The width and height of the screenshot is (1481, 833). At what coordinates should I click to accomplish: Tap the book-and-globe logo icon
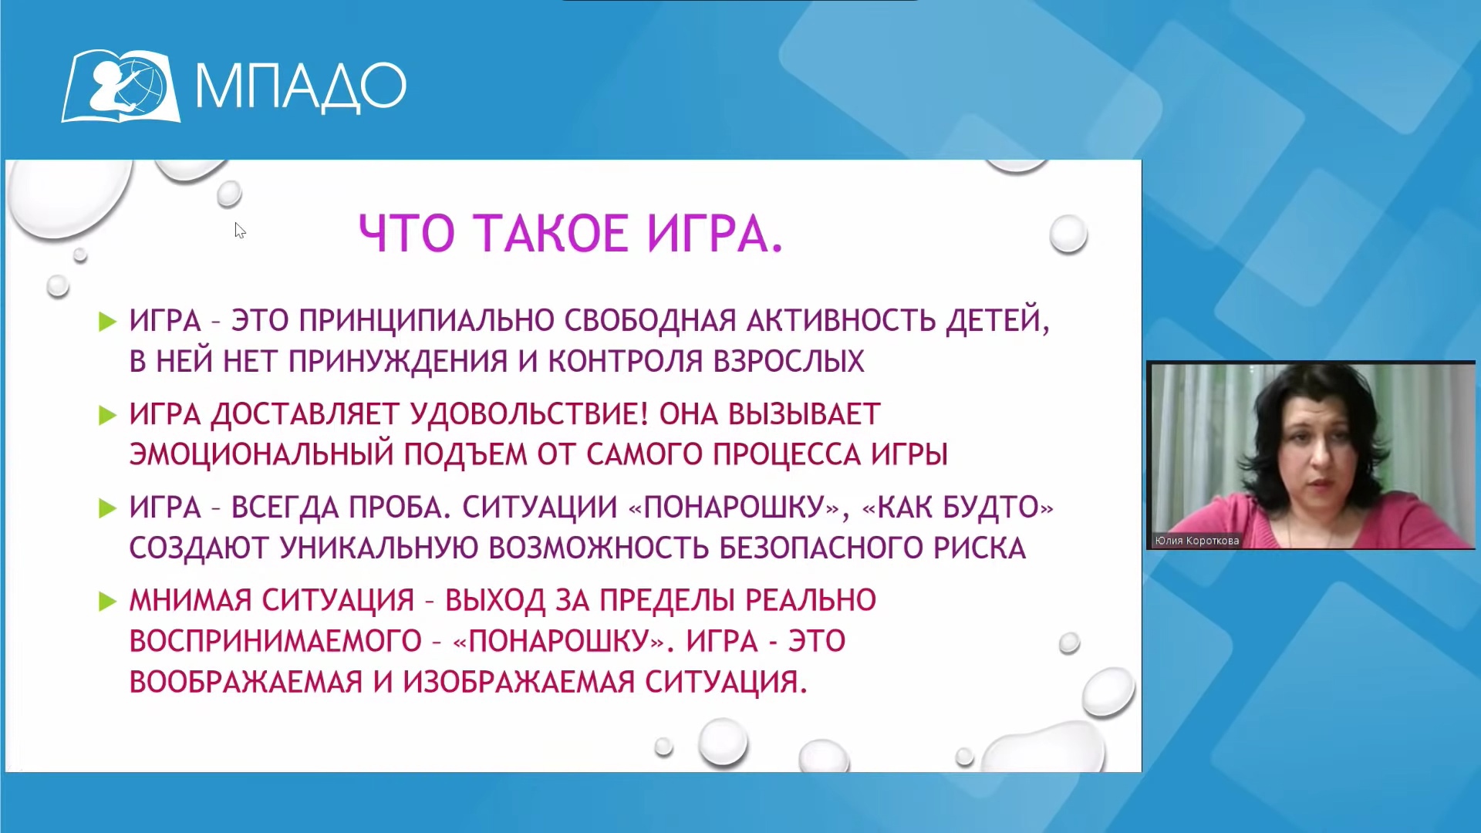121,86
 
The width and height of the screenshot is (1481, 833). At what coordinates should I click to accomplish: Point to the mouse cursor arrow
240,230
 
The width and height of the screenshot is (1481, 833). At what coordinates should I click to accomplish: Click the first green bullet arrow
107,322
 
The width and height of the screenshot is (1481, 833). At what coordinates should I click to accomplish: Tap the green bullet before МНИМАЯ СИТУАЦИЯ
107,602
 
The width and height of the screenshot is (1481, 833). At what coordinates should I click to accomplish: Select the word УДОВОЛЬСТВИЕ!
530,414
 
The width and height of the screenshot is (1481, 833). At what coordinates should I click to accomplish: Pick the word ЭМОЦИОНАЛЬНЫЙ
261,454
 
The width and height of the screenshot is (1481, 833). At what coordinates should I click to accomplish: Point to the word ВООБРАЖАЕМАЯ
245,682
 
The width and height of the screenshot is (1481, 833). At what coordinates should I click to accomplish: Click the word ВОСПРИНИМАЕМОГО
275,641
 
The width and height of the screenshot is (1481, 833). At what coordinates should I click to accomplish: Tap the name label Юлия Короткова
1197,541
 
